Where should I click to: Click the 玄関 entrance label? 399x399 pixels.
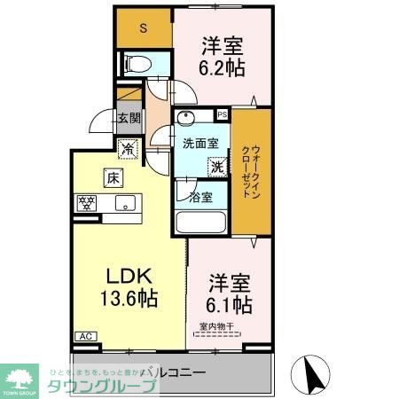[x=128, y=117]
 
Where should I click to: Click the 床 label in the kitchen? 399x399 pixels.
[x=113, y=177]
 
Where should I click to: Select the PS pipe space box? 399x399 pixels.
[x=222, y=114]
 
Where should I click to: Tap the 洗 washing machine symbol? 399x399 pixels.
[x=216, y=166]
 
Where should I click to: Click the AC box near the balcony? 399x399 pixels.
[x=88, y=336]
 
